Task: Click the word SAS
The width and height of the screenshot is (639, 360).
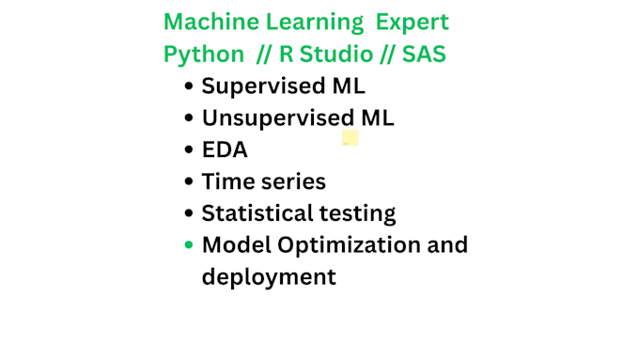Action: pyautogui.click(x=424, y=54)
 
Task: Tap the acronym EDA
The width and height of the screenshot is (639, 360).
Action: pyautogui.click(x=225, y=149)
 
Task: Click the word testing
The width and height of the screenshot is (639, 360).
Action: pyautogui.click(x=360, y=214)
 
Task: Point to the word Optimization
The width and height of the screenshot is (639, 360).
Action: pyautogui.click(x=349, y=245)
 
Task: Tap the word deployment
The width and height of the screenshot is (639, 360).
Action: pyautogui.click(x=268, y=277)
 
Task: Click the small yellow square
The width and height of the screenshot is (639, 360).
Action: pyautogui.click(x=351, y=138)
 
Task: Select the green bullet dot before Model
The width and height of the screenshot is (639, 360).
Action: pyautogui.click(x=190, y=245)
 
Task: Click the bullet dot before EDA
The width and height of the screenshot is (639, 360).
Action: pyautogui.click(x=190, y=150)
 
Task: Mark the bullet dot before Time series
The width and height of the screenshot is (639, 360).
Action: pyautogui.click(x=190, y=182)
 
